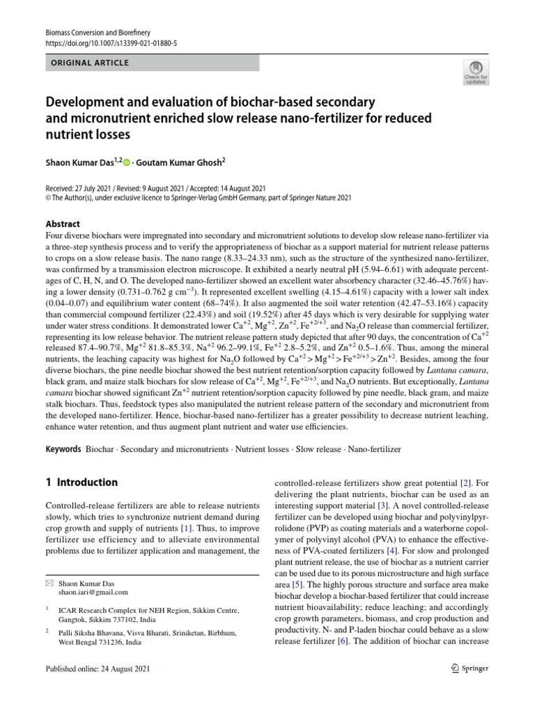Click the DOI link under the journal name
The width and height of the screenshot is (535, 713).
111,43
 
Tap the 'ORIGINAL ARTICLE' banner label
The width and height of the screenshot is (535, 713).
90,63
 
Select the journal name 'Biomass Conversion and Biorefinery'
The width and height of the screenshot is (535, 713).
98,33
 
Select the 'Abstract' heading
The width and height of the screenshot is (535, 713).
63,224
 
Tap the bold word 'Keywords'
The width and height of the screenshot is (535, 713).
63,449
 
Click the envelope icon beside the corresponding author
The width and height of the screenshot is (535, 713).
49,582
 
